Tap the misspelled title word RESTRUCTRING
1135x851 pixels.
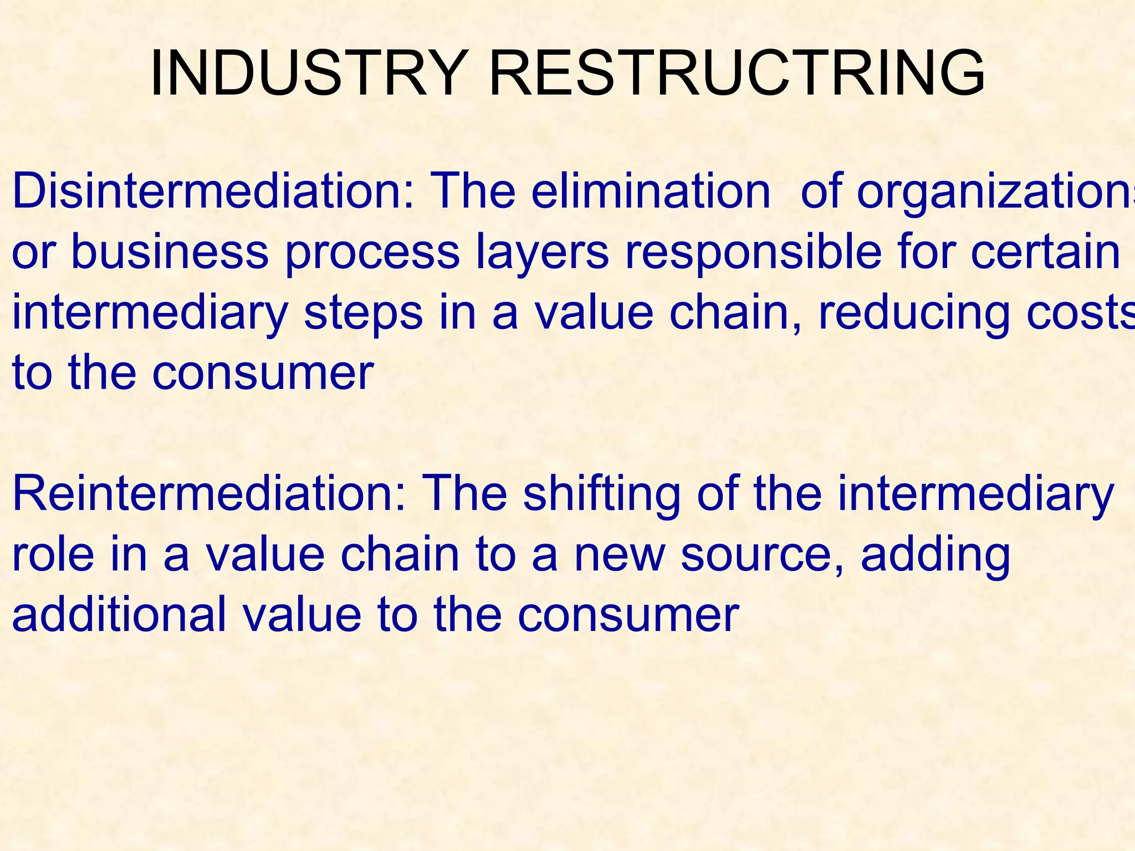(737, 74)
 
